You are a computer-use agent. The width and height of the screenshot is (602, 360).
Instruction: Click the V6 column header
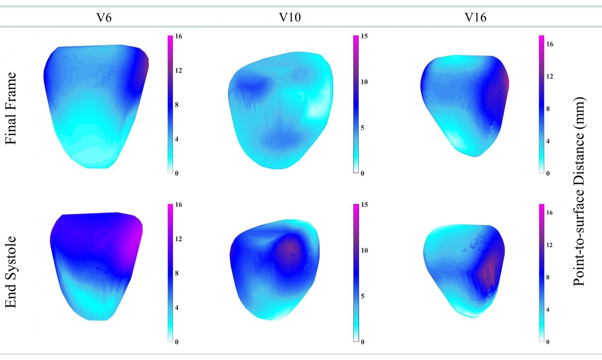point(104,18)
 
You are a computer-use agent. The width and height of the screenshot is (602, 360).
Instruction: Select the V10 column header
point(290,18)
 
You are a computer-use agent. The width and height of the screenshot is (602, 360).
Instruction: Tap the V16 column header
point(476,18)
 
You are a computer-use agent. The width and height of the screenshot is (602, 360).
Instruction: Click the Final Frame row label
point(11,108)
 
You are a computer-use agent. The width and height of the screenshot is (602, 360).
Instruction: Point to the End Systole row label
point(11,272)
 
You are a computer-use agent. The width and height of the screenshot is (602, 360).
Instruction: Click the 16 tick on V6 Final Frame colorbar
point(179,37)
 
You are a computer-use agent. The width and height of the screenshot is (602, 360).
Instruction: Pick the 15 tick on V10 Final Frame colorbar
point(364,37)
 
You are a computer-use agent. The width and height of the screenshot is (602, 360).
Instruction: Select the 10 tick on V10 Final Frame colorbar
point(364,82)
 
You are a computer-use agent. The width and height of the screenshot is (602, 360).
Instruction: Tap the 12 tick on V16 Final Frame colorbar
point(550,77)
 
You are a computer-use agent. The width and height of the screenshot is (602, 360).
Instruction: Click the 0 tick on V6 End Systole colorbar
point(177,342)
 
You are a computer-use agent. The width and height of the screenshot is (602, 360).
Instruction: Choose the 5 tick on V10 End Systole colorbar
point(362,296)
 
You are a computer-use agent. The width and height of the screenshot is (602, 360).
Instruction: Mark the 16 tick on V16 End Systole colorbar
point(550,213)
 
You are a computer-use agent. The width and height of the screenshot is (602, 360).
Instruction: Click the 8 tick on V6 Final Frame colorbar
point(177,105)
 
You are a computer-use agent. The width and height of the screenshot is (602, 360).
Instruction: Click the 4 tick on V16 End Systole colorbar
point(548,310)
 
